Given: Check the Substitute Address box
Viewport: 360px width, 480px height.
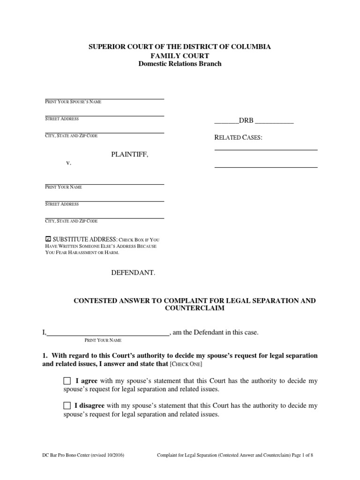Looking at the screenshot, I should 48,239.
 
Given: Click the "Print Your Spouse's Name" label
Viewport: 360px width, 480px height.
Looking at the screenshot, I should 73,102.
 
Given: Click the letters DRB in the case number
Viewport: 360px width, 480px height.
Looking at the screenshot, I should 246,120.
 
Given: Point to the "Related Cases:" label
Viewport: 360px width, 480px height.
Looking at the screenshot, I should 238,137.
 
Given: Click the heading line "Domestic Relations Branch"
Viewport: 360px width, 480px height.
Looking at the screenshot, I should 180,64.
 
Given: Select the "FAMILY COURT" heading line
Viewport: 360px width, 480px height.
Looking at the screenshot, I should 180,55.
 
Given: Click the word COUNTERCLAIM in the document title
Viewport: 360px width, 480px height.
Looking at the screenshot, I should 195,308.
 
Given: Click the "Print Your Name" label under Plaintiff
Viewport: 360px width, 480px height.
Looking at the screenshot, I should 63,187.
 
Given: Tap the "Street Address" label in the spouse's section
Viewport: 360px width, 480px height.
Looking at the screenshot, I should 62,119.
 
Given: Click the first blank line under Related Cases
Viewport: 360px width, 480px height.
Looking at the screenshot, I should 266,149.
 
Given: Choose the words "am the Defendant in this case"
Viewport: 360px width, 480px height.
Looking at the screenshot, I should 216,332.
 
